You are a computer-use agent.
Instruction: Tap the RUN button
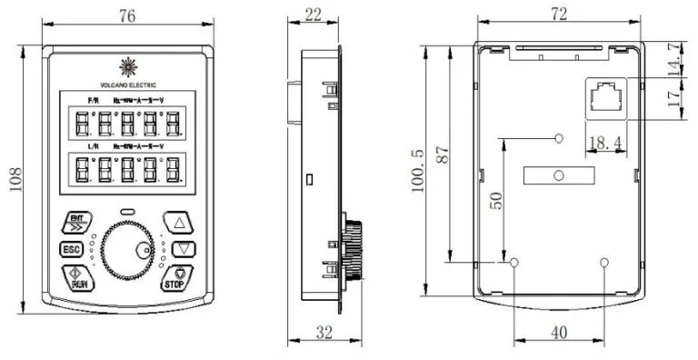tap(77, 277)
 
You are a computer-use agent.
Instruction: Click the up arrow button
tap(179, 222)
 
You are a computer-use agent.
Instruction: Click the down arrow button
tap(184, 248)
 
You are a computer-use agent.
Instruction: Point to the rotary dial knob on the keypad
tap(128, 250)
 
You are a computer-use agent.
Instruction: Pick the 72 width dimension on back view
tap(558, 14)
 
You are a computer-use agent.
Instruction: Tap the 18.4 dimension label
tap(606, 142)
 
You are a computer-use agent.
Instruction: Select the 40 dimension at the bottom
tap(559, 333)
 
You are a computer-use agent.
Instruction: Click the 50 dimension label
tap(494, 201)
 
